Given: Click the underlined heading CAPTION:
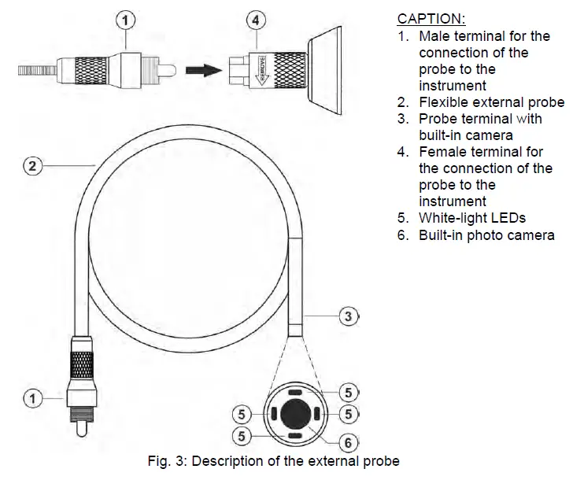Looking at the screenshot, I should pyautogui.click(x=431, y=19).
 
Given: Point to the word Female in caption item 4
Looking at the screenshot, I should pyautogui.click(x=442, y=152).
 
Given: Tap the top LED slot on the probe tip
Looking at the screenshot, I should pyautogui.click(x=295, y=390).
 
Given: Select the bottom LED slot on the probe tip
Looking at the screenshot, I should pyautogui.click(x=295, y=434).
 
